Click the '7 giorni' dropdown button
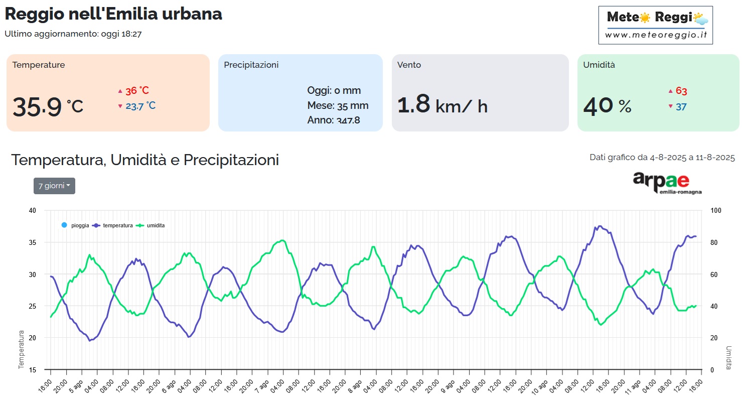pyautogui.click(x=54, y=186)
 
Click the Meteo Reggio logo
pyautogui.click(x=655, y=25)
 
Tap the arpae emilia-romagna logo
pyautogui.click(x=666, y=183)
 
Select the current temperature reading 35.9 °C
pyautogui.click(x=48, y=106)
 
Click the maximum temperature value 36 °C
pyautogui.click(x=137, y=91)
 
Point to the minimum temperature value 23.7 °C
pyautogui.click(x=140, y=106)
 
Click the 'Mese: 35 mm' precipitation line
pyautogui.click(x=338, y=105)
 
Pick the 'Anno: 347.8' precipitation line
pyautogui.click(x=334, y=120)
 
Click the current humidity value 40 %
pyautogui.click(x=607, y=106)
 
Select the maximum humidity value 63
pyautogui.click(x=681, y=91)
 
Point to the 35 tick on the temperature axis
pyautogui.click(x=33, y=242)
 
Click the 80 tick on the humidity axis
pyautogui.click(x=714, y=242)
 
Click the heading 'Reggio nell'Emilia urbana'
pyautogui.click(x=113, y=14)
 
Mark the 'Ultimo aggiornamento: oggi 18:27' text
pyautogui.click(x=73, y=34)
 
